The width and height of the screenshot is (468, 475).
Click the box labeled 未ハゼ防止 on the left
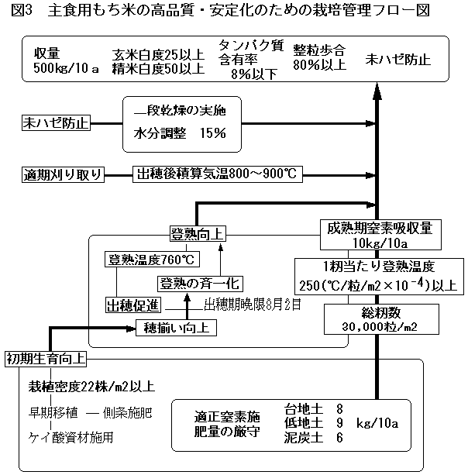[57, 122]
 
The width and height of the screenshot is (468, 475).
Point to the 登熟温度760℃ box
[151, 260]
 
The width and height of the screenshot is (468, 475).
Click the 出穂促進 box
[132, 303]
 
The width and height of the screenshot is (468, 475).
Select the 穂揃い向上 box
[176, 327]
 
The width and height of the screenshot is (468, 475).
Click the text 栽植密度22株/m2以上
[91, 387]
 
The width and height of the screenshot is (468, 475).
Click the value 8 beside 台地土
[339, 408]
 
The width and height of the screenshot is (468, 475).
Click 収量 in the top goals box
[47, 53]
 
